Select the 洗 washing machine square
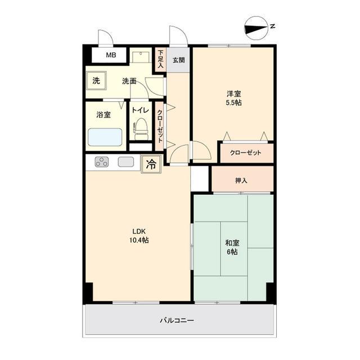(96, 80)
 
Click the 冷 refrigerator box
(151, 164)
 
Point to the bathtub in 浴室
(105, 137)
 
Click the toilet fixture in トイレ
(141, 130)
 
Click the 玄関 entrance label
(179, 60)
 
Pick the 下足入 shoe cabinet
(160, 59)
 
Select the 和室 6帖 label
(232, 247)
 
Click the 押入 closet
(242, 181)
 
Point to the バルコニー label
(177, 320)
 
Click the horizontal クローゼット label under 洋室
(246, 153)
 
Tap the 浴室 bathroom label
(103, 115)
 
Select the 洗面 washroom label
(129, 80)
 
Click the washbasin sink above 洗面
(141, 57)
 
